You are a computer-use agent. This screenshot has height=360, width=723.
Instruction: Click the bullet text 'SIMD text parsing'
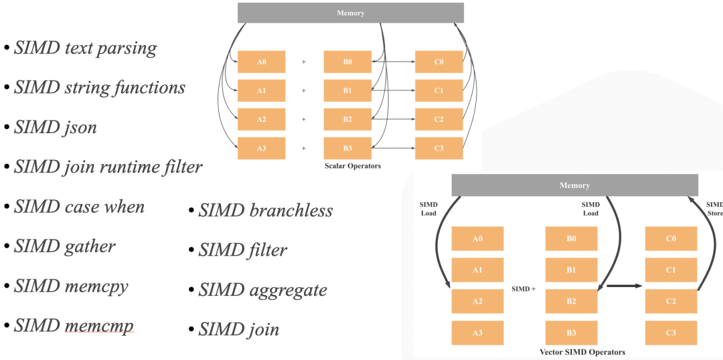85,49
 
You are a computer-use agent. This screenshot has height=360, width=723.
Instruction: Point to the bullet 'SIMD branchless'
266,210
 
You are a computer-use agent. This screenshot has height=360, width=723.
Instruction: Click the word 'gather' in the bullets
90,246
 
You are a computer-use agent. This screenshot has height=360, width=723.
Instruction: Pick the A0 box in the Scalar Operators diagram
261,62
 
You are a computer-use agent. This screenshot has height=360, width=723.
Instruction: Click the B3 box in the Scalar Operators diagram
347,148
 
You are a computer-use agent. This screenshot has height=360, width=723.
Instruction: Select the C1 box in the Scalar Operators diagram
438,90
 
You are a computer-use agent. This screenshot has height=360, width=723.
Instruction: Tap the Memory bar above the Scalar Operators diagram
350,13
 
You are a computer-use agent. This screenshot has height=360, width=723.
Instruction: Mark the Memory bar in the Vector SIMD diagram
574,185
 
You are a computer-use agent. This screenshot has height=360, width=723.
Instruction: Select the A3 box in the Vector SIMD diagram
477,333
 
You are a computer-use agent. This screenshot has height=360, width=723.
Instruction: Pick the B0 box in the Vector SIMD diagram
571,238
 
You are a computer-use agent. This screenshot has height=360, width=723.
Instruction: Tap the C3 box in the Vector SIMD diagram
671,333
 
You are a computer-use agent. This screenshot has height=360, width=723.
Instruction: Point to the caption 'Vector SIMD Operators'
582,352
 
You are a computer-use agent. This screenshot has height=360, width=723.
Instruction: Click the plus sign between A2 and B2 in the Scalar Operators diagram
303,119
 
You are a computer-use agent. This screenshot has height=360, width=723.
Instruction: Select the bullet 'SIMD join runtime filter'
108,167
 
